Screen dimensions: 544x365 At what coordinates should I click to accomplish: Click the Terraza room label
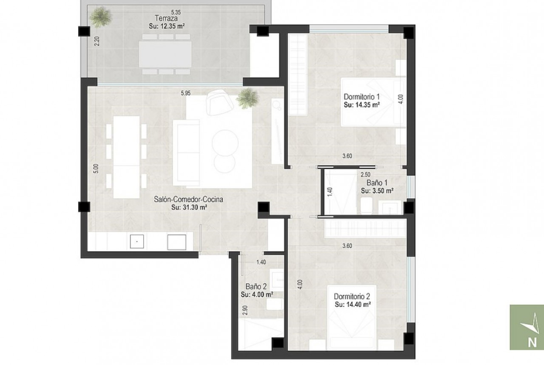point(166,18)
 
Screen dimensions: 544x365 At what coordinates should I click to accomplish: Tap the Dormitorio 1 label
point(362,97)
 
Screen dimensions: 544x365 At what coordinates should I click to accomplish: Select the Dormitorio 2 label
point(352,296)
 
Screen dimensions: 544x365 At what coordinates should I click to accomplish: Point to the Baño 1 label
point(377,183)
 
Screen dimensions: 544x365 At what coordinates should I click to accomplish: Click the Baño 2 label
point(256,286)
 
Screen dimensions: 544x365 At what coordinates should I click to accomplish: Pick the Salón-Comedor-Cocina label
point(188,199)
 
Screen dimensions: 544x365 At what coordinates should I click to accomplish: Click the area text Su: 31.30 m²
point(189,207)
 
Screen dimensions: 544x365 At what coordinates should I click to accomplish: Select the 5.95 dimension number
point(186,93)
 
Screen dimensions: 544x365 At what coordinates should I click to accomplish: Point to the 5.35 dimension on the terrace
point(176,13)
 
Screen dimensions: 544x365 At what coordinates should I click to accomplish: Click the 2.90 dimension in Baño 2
point(245,310)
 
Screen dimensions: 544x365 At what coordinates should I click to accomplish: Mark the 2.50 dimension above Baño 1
point(365,174)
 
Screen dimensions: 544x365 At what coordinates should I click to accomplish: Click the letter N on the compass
point(532,342)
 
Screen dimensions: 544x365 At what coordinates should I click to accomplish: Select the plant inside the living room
point(247,98)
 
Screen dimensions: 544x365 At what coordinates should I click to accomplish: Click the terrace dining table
point(165,54)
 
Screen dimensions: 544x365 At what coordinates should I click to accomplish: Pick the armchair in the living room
point(219,102)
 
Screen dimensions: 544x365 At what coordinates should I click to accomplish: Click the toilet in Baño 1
point(366,206)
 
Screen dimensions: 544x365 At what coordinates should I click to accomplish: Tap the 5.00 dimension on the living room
point(96,169)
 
